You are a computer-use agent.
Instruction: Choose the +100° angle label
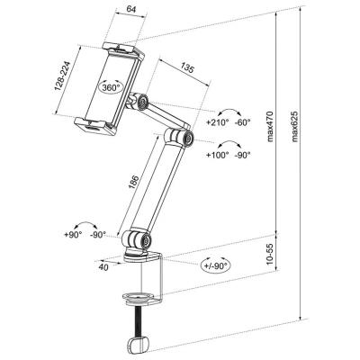click(x=218, y=154)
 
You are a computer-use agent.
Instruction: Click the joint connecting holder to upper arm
click(x=140, y=102)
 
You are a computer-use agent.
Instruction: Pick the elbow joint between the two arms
click(x=183, y=137)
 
